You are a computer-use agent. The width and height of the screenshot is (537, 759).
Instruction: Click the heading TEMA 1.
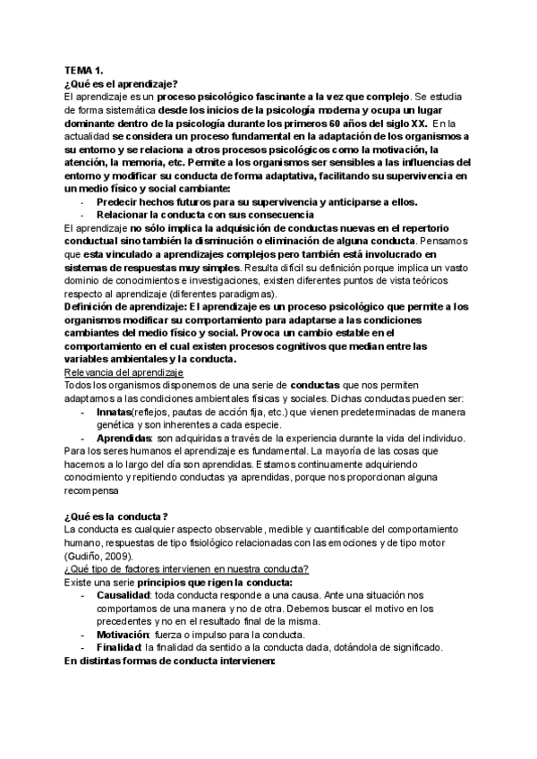pyautogui.click(x=84, y=70)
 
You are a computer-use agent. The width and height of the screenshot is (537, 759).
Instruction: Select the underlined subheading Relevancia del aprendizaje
pyautogui.click(x=124, y=372)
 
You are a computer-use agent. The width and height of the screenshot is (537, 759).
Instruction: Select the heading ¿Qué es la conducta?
pyautogui.click(x=116, y=517)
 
